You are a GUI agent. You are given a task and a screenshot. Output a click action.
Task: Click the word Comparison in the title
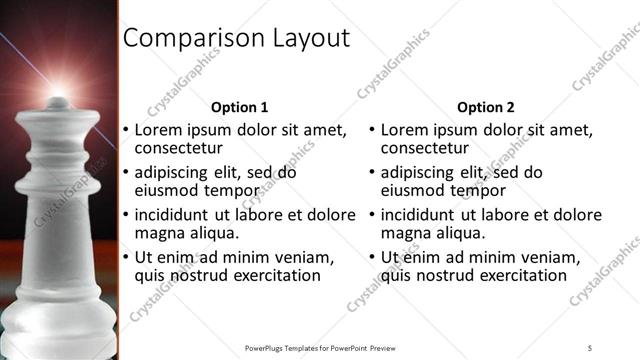185,39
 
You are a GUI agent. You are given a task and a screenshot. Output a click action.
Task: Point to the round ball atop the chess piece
58,102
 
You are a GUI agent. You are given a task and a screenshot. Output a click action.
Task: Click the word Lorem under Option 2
404,130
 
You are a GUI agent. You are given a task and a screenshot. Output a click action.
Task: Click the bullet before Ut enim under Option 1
125,258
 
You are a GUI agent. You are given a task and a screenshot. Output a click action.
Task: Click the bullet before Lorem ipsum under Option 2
371,131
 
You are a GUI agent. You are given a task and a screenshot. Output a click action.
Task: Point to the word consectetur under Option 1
179,149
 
